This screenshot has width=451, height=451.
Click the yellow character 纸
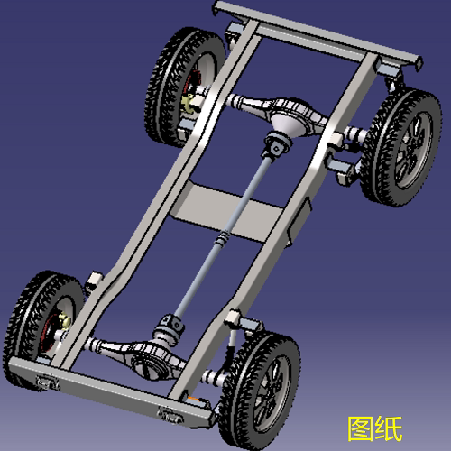[389, 428]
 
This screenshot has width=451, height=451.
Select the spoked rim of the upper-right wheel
[413, 147]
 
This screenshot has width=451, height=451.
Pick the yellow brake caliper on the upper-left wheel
[189, 103]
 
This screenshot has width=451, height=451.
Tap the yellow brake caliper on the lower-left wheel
[65, 321]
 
